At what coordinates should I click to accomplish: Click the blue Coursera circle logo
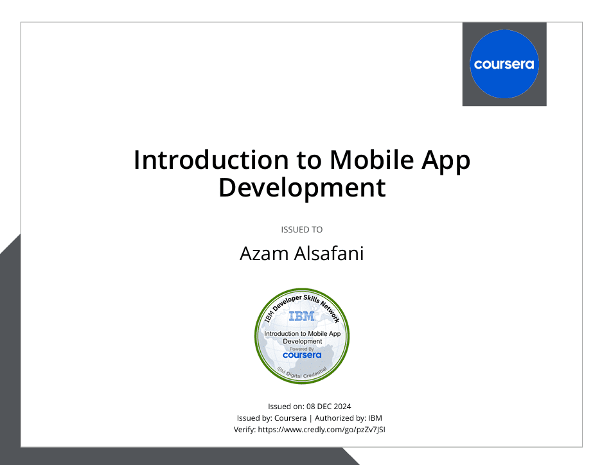pos(504,64)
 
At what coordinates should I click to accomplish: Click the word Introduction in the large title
pos(211,160)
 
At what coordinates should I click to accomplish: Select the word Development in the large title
pos(302,188)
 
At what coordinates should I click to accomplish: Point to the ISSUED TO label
pos(302,229)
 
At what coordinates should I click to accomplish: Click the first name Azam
pos(264,254)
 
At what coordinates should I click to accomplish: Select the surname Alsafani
pos(329,254)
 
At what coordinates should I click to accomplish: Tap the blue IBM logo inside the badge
pos(302,317)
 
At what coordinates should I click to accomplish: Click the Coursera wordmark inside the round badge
pos(302,355)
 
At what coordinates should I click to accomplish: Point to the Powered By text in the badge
pos(302,349)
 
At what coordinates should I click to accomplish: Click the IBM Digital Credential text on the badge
pos(302,373)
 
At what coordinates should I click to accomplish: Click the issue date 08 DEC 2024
pos(329,407)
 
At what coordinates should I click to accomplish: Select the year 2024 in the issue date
pos(342,407)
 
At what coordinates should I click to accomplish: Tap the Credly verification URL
pos(321,430)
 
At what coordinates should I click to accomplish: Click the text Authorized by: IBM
pos(348,418)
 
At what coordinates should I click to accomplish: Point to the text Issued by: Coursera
pos(271,418)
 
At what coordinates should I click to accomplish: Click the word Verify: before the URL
pos(245,430)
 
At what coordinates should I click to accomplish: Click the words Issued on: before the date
pos(286,407)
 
